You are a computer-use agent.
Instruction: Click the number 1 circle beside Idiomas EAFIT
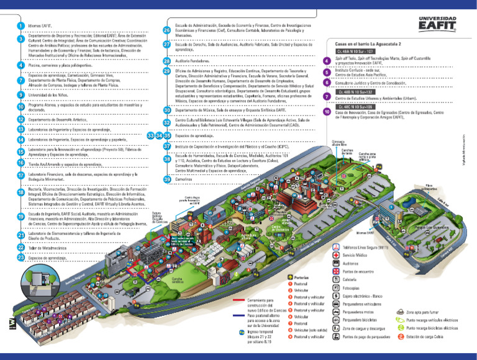(x=21, y=25)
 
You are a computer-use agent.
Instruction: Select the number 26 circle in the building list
(x=167, y=30)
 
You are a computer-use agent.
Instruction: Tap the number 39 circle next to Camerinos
(x=167, y=179)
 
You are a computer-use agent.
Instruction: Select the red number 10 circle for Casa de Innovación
(x=327, y=112)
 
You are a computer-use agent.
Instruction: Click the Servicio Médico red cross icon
(x=337, y=255)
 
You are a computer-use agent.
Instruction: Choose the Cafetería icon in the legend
(x=337, y=280)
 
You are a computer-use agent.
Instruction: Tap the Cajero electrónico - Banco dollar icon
(x=337, y=296)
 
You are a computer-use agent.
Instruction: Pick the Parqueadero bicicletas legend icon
(x=337, y=320)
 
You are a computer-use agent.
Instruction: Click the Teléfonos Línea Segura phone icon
(x=337, y=247)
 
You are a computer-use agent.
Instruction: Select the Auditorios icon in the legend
(x=337, y=263)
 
